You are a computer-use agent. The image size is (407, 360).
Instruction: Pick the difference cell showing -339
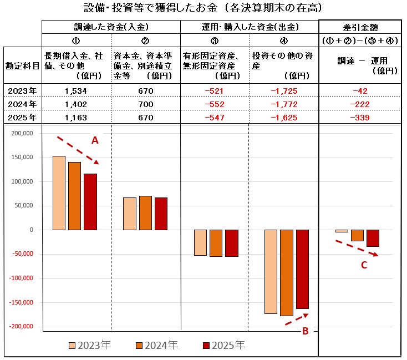[x=360, y=118]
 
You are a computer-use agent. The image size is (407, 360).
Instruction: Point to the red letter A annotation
[x=95, y=141]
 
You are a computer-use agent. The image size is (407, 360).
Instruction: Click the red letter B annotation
[x=305, y=332]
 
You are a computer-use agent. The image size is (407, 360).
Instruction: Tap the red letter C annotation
[x=364, y=265]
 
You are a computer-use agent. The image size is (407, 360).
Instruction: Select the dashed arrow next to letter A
[x=78, y=150]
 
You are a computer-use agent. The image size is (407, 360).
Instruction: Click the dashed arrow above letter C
[x=357, y=248]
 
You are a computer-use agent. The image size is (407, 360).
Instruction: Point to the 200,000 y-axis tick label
[x=23, y=133]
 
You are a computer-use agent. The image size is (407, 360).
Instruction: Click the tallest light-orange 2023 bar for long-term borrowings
[x=59, y=192]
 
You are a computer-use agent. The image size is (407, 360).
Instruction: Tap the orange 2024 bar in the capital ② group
[x=145, y=212]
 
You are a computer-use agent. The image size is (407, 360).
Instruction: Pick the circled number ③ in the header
[x=215, y=40]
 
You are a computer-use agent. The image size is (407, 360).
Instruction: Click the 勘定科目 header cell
[x=22, y=65]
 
